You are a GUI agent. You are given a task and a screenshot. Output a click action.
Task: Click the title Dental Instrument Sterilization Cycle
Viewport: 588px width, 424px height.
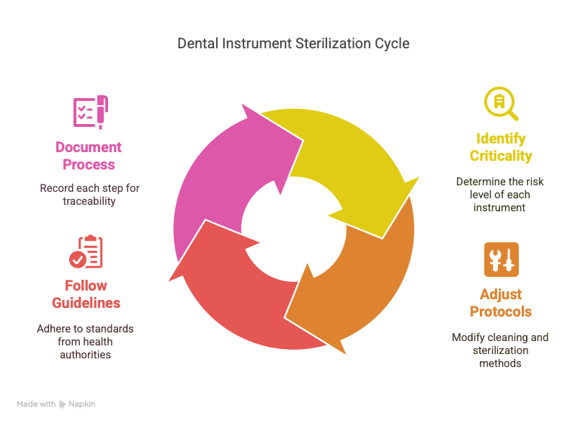pyautogui.click(x=293, y=43)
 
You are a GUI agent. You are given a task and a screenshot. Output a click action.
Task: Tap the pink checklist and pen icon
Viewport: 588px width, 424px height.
pyautogui.click(x=91, y=112)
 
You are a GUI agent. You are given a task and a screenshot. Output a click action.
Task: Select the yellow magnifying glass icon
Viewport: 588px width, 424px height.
pyautogui.click(x=501, y=104)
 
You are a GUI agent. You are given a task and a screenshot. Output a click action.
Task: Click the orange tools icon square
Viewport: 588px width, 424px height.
pyautogui.click(x=502, y=260)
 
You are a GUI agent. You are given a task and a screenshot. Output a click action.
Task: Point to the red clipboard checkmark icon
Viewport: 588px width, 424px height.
pyautogui.click(x=86, y=252)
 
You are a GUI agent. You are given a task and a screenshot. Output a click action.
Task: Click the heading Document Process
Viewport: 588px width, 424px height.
pyautogui.click(x=89, y=156)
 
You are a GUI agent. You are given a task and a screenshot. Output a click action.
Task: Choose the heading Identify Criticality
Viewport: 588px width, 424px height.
pyautogui.click(x=501, y=147)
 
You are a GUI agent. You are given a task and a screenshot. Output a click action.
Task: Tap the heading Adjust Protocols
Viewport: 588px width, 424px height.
pyautogui.click(x=501, y=303)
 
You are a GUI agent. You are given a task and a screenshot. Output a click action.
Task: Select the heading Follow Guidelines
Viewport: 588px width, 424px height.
pyautogui.click(x=86, y=294)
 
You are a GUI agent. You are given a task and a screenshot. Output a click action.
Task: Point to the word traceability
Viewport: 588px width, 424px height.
pyautogui.click(x=89, y=201)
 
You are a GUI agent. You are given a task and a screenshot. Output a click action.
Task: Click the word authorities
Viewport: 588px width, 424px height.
pyautogui.click(x=86, y=355)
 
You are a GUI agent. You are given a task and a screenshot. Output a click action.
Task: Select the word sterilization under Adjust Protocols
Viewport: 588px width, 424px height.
pyautogui.click(x=501, y=350)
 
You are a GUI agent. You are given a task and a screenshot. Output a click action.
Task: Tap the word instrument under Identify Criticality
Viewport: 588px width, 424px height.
pyautogui.click(x=499, y=208)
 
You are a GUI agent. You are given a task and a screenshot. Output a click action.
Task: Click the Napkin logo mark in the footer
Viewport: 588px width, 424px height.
pyautogui.click(x=63, y=404)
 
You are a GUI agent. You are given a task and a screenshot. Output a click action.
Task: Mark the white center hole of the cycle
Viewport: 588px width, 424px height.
pyautogui.click(x=293, y=229)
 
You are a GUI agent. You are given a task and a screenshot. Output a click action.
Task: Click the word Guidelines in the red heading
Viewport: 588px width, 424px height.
pyautogui.click(x=86, y=303)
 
